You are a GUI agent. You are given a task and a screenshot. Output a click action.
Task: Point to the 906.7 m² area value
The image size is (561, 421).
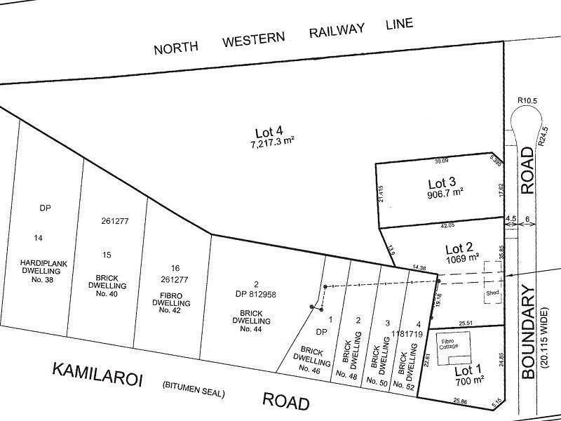pos(446,196)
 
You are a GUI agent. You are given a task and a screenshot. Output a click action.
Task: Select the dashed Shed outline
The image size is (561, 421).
pos(491,293)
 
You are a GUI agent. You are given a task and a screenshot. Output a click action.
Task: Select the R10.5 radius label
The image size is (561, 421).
pos(527,101)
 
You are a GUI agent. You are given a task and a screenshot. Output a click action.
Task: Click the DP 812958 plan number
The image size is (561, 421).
pos(256,295)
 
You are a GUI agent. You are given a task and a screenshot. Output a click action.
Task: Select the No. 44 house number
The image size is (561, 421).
pos(250,328)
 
